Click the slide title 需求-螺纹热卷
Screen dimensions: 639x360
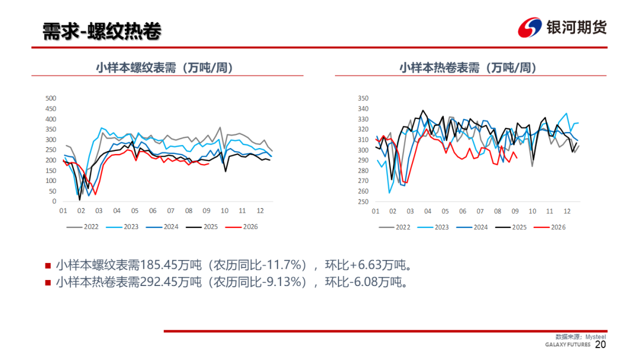pyautogui.click(x=102, y=31)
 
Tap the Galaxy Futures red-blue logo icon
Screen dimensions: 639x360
pyautogui.click(x=530, y=27)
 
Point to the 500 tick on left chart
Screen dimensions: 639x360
pyautogui.click(x=51, y=98)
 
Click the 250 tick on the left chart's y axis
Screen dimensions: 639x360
pyautogui.click(x=51, y=150)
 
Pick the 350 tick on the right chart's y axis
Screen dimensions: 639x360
pyautogui.click(x=363, y=98)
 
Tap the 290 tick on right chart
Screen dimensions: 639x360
pyautogui.click(x=363, y=160)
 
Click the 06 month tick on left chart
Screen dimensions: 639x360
pyautogui.click(x=153, y=211)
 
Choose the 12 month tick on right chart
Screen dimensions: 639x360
pyautogui.click(x=567, y=211)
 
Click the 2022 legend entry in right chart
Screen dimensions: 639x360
pyautogui.click(x=395, y=227)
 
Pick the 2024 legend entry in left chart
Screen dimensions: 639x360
pyautogui.click(x=162, y=227)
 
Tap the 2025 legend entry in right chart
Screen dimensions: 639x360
pyautogui.click(x=511, y=227)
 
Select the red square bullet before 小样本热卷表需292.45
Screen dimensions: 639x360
pyautogui.click(x=48, y=282)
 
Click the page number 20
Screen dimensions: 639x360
pyautogui.click(x=601, y=345)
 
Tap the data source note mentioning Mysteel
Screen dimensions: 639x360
pyautogui.click(x=581, y=337)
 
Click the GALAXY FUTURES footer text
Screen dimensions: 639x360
pyautogui.click(x=567, y=345)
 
